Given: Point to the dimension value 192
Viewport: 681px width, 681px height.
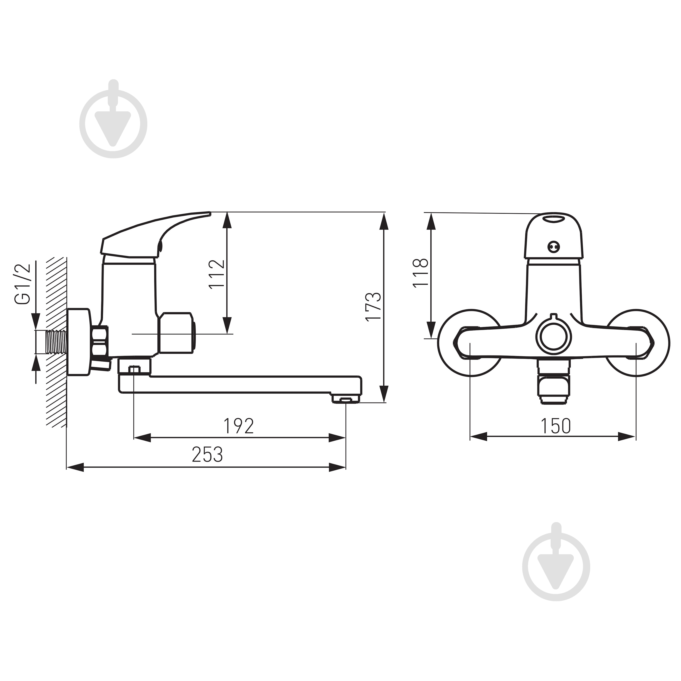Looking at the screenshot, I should click(x=239, y=426).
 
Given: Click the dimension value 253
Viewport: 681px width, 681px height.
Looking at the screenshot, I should click(x=207, y=455).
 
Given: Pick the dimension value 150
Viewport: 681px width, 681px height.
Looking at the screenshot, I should click(x=556, y=426).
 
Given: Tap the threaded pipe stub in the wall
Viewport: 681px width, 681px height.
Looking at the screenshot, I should click(x=56, y=342).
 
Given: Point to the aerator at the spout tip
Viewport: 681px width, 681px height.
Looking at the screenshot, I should click(x=346, y=399).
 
